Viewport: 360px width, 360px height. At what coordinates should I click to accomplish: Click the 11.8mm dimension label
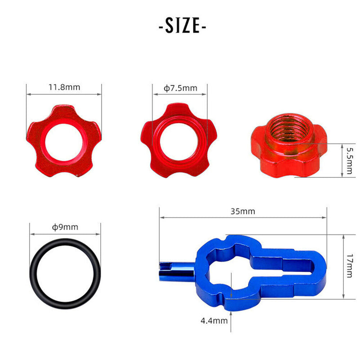[x=64, y=87]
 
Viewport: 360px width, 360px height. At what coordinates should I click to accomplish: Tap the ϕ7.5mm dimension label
[x=180, y=88]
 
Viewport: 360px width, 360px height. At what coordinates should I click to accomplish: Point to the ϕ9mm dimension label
[x=65, y=227]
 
